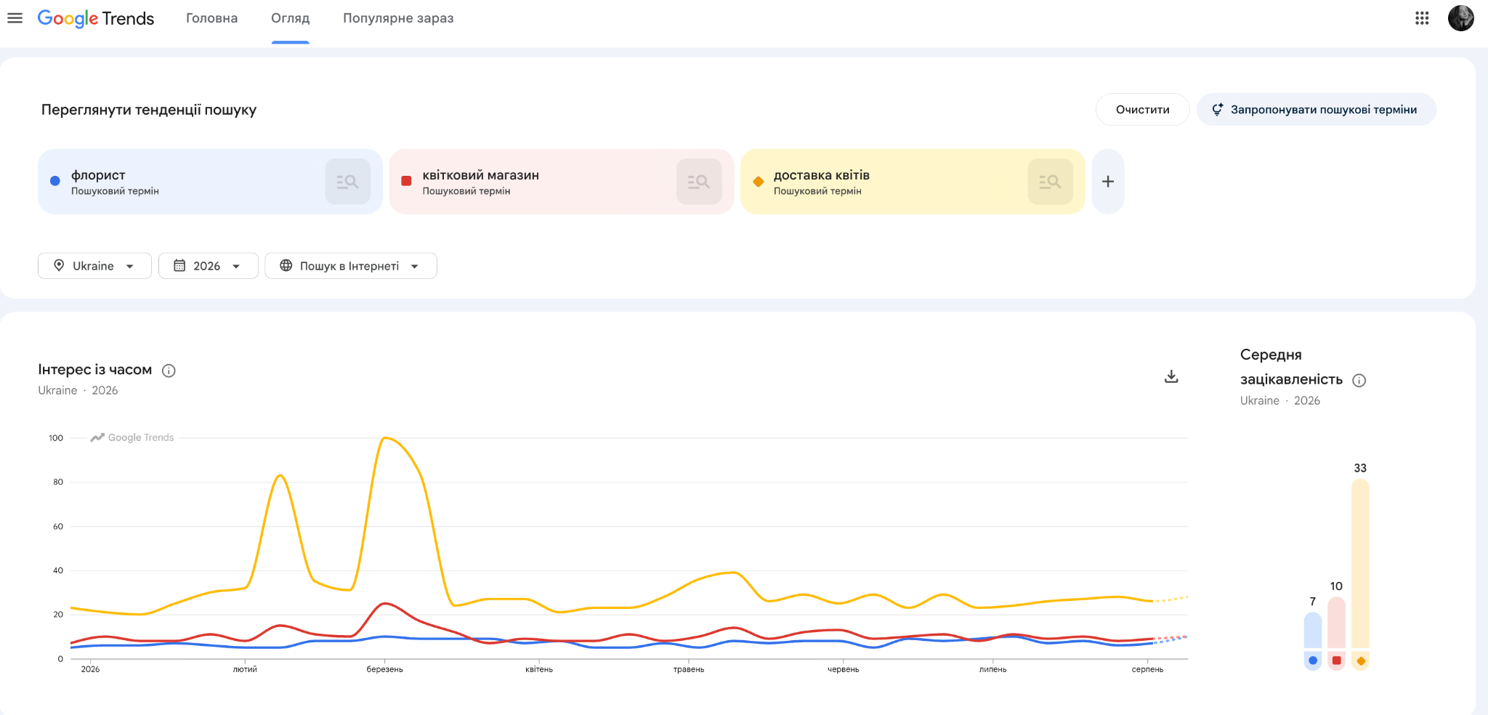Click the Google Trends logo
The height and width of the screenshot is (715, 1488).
[96, 18]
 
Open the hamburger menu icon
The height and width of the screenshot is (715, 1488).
[15, 18]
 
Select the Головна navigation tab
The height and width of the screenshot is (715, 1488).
[211, 18]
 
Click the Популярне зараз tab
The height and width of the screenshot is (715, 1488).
[398, 18]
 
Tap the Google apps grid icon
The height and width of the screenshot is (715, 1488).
[1422, 18]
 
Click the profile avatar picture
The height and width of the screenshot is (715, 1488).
[1460, 18]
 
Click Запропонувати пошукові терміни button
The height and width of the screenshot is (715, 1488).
[1316, 109]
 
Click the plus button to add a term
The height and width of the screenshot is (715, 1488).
[1107, 182]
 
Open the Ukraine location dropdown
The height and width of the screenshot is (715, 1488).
[94, 266]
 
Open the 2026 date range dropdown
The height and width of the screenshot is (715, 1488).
[208, 266]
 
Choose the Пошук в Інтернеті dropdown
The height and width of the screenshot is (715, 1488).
[350, 266]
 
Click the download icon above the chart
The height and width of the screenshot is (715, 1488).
[1171, 376]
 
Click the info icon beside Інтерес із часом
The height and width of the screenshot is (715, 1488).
[169, 371]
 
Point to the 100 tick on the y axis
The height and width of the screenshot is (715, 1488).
[56, 438]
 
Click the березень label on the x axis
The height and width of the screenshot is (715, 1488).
[384, 669]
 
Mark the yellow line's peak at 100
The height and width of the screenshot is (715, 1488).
[385, 437]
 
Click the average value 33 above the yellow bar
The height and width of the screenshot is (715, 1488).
[1360, 468]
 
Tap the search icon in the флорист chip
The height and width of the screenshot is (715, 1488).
[347, 182]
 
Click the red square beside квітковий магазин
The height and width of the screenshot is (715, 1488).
[406, 181]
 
